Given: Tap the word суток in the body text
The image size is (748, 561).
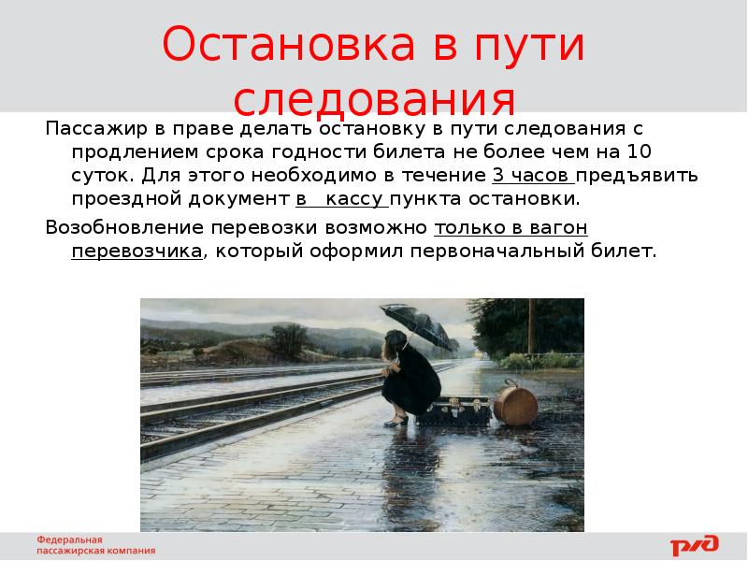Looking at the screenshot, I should [99, 175].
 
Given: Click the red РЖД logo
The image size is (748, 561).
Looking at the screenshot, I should [694, 545].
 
